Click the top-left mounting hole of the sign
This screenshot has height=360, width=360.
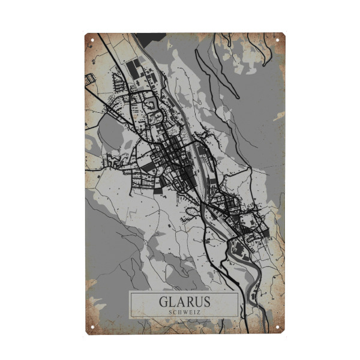[92, 40]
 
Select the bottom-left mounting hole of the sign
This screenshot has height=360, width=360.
[92, 328]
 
